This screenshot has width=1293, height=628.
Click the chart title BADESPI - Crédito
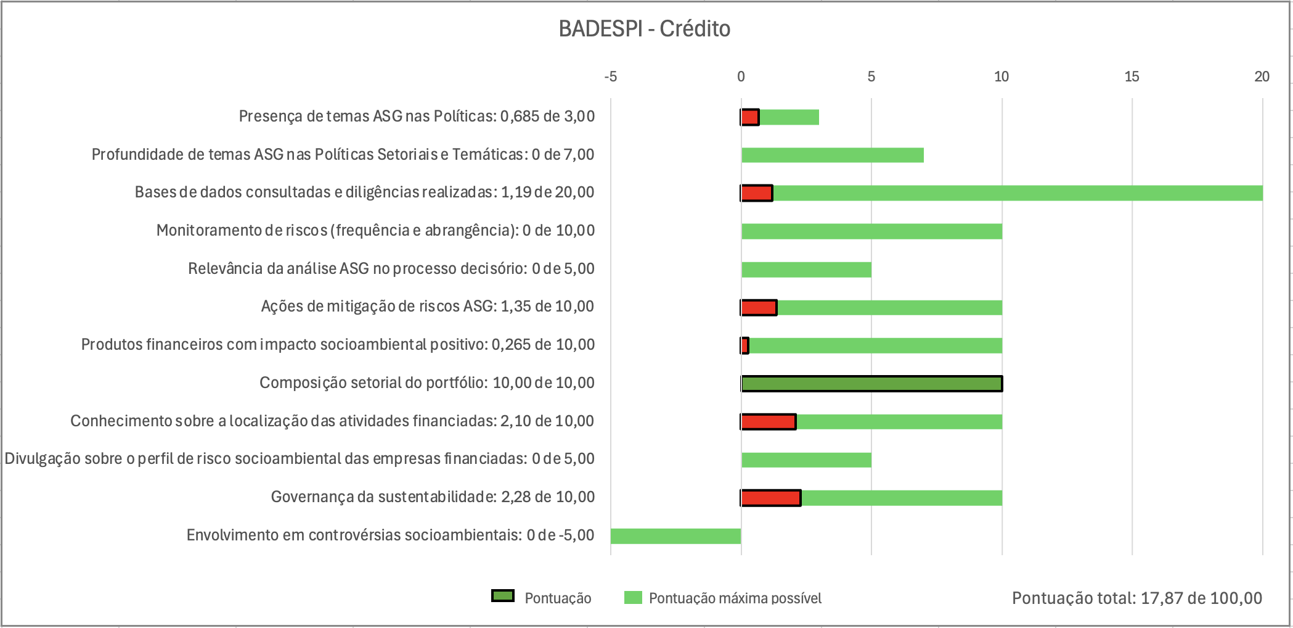click(644, 29)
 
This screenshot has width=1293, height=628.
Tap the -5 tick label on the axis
click(610, 76)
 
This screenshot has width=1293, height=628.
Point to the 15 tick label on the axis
click(1132, 76)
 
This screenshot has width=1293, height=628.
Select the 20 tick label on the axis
click(1262, 76)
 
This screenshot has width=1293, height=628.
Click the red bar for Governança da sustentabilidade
click(771, 498)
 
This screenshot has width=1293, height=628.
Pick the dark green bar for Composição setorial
click(871, 384)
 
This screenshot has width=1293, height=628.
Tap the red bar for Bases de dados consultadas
click(757, 193)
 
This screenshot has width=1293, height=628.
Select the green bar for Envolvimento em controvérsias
click(675, 536)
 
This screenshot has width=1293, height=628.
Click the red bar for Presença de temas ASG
click(750, 117)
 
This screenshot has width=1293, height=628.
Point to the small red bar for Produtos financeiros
click(745, 345)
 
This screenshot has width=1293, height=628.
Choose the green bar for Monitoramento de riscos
click(871, 231)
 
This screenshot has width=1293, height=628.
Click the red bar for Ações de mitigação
click(759, 307)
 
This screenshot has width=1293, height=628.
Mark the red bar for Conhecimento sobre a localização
click(769, 422)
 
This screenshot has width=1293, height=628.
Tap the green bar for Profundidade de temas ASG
click(832, 155)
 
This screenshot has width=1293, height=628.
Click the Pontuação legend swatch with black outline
click(503, 596)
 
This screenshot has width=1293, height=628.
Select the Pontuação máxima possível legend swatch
click(633, 597)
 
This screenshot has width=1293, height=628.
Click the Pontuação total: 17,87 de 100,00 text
click(1136, 598)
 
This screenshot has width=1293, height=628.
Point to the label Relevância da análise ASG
click(391, 269)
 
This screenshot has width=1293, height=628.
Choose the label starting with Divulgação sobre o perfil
click(300, 459)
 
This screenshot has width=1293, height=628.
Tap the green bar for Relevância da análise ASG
click(806, 270)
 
